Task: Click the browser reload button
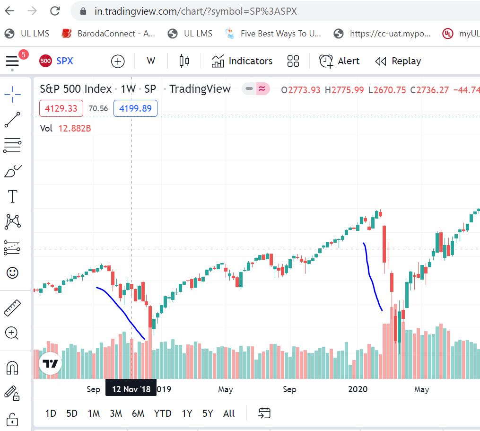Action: (55, 11)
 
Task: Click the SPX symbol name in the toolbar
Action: (64, 61)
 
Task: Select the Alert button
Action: (339, 61)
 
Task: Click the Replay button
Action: (398, 61)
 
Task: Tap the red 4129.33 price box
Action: (61, 109)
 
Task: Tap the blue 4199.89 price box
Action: (135, 109)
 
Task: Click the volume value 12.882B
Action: (75, 128)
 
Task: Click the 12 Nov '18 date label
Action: (131, 389)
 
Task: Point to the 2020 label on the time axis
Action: (358, 389)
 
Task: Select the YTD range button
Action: (163, 413)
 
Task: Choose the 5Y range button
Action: (208, 413)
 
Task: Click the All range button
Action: (229, 413)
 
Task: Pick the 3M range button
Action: (116, 413)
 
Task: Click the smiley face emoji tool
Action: (12, 273)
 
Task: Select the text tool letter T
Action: (12, 196)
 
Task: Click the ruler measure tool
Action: (12, 308)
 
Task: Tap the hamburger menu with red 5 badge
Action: (12, 61)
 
